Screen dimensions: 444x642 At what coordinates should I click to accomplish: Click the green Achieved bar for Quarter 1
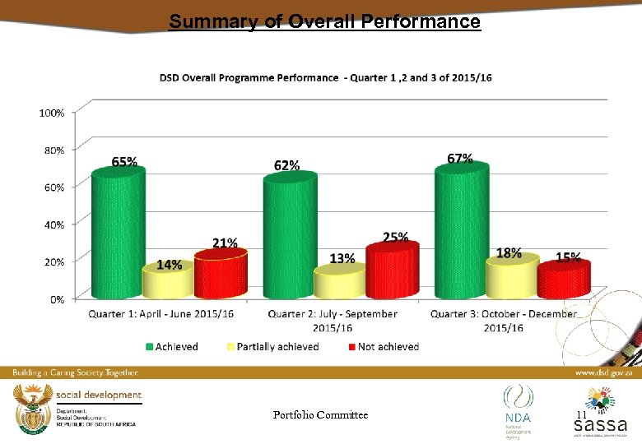(118, 234)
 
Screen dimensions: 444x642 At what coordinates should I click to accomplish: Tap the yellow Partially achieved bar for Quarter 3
(510, 280)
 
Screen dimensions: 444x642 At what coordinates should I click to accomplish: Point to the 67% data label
(459, 159)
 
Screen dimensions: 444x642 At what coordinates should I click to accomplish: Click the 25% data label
(395, 237)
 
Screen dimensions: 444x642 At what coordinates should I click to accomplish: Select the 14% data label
(169, 265)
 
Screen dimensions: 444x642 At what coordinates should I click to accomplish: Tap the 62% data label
(286, 165)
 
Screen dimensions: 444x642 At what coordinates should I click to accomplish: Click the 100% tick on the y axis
(52, 113)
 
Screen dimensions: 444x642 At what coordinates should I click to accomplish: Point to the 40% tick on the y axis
(53, 224)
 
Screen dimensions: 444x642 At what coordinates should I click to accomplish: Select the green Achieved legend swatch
(149, 347)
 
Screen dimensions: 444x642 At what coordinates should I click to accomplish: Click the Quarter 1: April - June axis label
(161, 314)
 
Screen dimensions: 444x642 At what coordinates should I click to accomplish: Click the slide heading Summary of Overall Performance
(324, 21)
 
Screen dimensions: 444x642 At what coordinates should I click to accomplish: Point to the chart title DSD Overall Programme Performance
(325, 77)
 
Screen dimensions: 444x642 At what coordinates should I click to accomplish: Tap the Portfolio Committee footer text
(320, 415)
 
